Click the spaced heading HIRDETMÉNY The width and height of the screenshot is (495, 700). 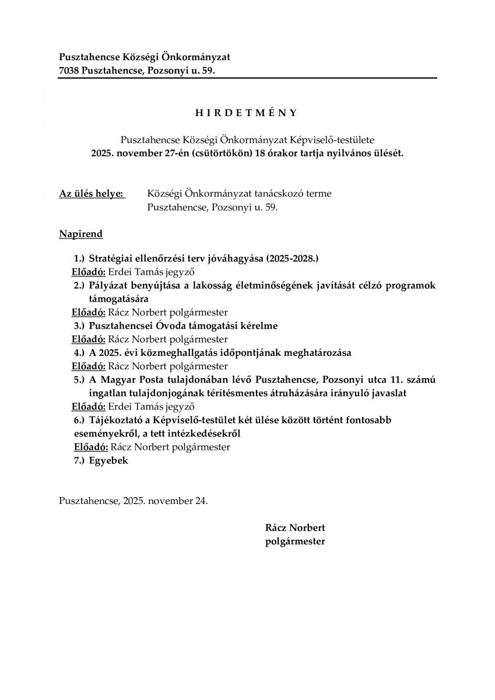pyautogui.click(x=246, y=113)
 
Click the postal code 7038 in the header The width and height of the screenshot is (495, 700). pyautogui.click(x=70, y=71)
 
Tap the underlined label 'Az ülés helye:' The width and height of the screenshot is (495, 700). pyautogui.click(x=92, y=194)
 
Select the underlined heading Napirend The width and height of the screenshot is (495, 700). pyautogui.click(x=80, y=235)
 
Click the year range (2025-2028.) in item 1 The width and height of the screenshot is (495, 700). pyautogui.click(x=293, y=257)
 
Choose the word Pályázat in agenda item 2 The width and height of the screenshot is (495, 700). pyautogui.click(x=110, y=285)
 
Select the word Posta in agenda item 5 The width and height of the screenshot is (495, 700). pyautogui.click(x=157, y=380)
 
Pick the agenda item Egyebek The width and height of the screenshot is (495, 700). pyautogui.click(x=108, y=460)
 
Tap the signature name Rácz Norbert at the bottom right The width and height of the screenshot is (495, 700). pyautogui.click(x=295, y=528)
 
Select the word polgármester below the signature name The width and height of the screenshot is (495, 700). pyautogui.click(x=295, y=541)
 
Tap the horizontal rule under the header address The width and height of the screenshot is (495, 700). pyautogui.click(x=248, y=78)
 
